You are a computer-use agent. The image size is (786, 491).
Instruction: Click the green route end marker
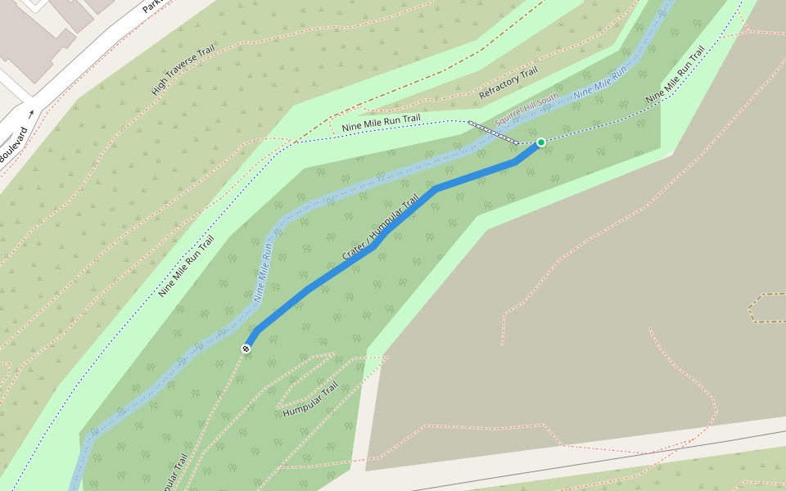540,142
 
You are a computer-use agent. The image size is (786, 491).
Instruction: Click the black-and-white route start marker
246,349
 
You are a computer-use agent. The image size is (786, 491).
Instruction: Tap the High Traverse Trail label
182,70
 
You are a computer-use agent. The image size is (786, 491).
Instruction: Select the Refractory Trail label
508,83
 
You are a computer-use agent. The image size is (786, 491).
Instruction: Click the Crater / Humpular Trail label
380,228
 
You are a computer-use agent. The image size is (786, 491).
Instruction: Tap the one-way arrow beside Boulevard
31,115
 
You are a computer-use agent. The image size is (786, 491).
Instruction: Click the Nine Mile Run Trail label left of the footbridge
381,124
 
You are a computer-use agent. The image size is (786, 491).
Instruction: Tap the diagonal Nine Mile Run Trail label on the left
186,265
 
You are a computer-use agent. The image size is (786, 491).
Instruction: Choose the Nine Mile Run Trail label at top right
675,74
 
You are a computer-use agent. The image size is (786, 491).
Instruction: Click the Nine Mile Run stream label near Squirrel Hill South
599,83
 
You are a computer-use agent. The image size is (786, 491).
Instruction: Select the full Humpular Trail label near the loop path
309,399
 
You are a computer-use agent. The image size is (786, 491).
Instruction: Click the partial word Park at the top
151,7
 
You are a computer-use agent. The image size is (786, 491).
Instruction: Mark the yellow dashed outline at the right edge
765,307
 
